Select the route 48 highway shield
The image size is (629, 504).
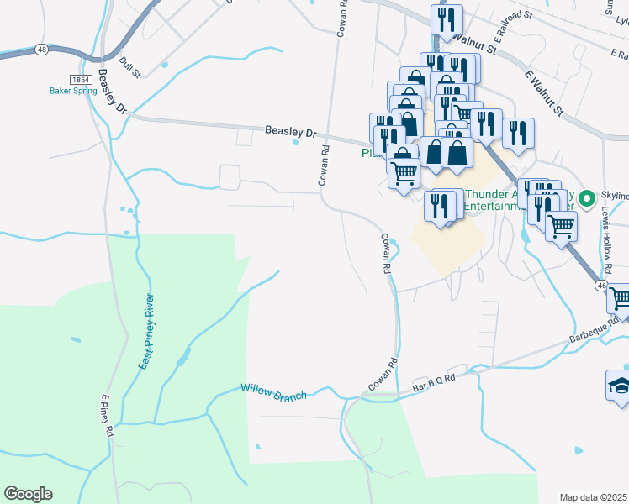pos(41,50)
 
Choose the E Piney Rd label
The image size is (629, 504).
pos(107,416)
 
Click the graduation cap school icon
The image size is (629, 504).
pos(619,387)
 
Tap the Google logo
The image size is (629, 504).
pos(28,494)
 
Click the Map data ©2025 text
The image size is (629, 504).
pos(594,497)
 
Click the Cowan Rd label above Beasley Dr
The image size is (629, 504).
pos(342,17)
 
